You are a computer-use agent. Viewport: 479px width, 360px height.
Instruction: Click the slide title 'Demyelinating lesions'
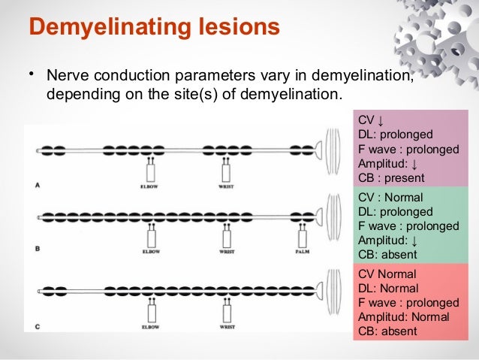pos(154,29)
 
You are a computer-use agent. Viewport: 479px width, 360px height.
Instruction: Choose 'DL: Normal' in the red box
pos(387,288)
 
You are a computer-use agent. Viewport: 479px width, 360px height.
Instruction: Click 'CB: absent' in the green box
pos(387,255)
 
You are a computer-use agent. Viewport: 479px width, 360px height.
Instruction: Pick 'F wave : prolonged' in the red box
pos(408,302)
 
